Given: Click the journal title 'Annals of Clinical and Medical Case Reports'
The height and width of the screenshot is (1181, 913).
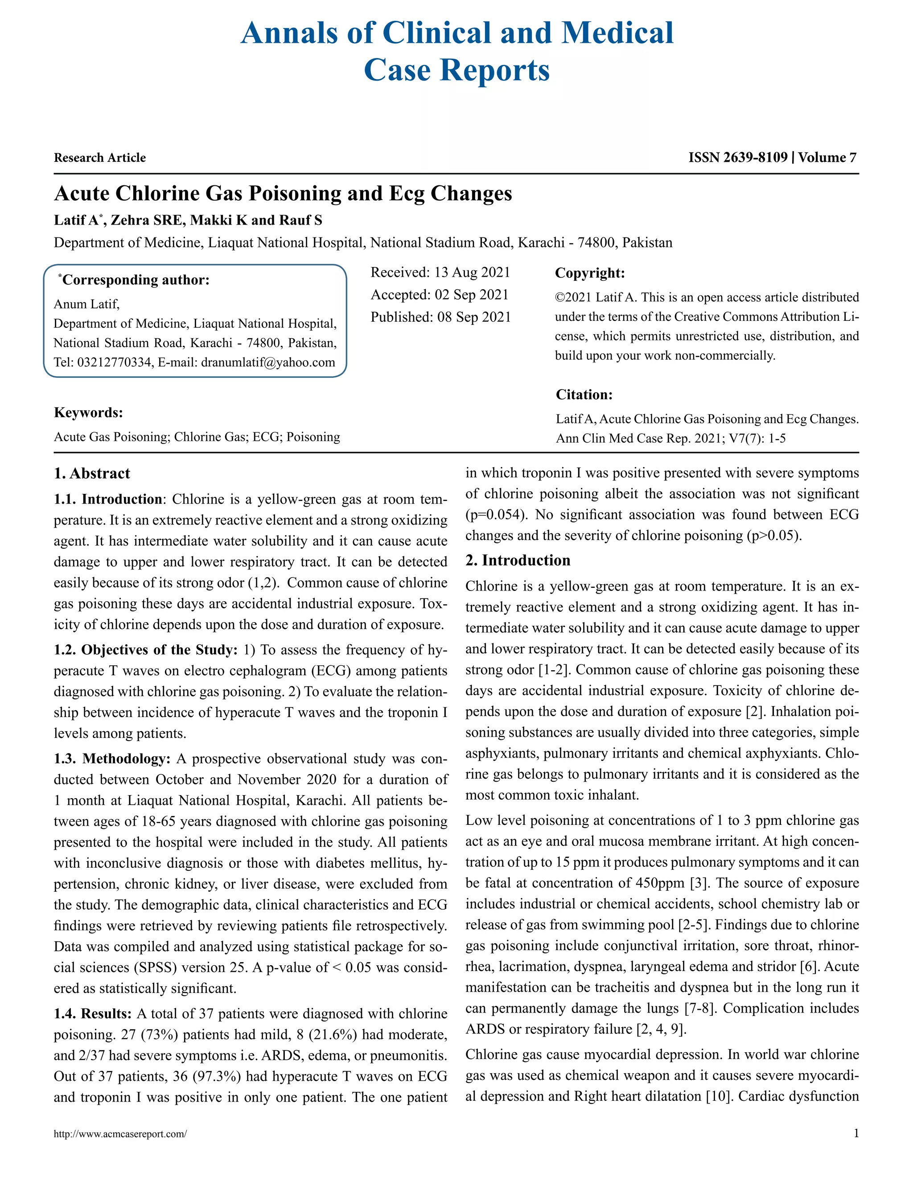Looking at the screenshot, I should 456,51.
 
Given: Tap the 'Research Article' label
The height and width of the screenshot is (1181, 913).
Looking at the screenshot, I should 99,158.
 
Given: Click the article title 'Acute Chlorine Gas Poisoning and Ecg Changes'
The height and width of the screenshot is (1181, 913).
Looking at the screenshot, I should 283,193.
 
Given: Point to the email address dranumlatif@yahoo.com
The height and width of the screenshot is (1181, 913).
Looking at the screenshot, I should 268,362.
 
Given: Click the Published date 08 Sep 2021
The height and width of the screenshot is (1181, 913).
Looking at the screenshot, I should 474,317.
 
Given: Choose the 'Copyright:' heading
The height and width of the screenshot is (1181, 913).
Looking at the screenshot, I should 589,273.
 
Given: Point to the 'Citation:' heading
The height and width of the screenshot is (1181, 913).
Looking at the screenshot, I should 584,395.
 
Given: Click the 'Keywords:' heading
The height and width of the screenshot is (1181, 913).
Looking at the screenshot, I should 88,413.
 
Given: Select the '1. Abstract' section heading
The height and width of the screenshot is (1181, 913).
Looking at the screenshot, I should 92,474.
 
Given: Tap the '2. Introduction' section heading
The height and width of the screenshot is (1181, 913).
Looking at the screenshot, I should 518,560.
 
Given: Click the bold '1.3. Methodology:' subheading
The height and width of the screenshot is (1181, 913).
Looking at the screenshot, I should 112,759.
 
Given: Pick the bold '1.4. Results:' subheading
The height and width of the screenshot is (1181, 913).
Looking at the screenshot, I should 92,1013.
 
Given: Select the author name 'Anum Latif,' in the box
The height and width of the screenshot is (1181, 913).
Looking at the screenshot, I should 86,304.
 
